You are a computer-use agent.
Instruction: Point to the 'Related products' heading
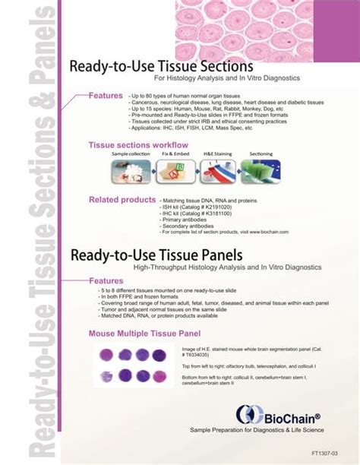(x=122, y=200)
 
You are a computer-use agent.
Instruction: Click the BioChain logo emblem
(x=247, y=414)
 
